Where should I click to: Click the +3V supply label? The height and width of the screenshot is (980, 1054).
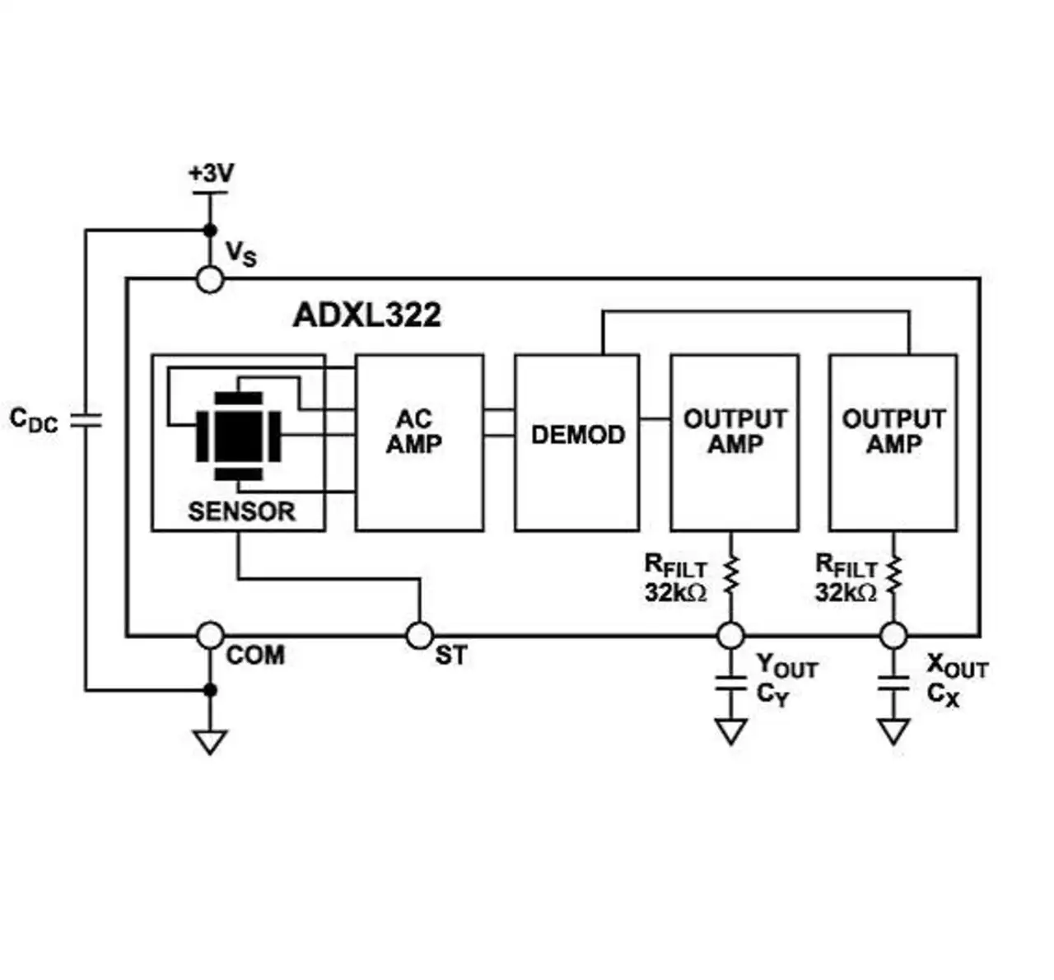pyautogui.click(x=212, y=173)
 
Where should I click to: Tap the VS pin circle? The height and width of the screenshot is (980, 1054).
pyautogui.click(x=210, y=279)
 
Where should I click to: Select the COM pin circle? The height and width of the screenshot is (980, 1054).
pyautogui.click(x=210, y=636)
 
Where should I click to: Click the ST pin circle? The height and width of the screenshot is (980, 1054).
pyautogui.click(x=420, y=636)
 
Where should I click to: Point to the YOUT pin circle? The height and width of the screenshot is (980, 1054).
pyautogui.click(x=730, y=636)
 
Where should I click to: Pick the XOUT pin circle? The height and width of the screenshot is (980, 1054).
pyautogui.click(x=893, y=636)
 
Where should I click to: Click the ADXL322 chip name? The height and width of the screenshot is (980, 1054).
pyautogui.click(x=366, y=315)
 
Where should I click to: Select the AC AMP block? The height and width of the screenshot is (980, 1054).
pyautogui.click(x=419, y=443)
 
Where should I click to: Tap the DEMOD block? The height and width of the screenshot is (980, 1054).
pyautogui.click(x=577, y=443)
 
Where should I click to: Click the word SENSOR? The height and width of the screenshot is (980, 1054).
pyautogui.click(x=241, y=511)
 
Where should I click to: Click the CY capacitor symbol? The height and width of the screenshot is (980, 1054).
pyautogui.click(x=730, y=684)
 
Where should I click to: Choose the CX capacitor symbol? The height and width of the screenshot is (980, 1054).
pyautogui.click(x=893, y=684)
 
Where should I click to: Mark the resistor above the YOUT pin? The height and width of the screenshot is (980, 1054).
pyautogui.click(x=730, y=574)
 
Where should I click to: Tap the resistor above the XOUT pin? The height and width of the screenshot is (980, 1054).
pyautogui.click(x=893, y=574)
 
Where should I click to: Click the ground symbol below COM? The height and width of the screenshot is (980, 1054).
pyautogui.click(x=210, y=742)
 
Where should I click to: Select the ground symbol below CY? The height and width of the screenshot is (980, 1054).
pyautogui.click(x=730, y=731)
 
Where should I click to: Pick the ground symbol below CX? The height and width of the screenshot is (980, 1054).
pyautogui.click(x=893, y=731)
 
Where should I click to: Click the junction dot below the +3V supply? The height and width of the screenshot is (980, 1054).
pyautogui.click(x=210, y=231)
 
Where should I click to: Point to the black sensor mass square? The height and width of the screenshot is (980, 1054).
pyautogui.click(x=238, y=436)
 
